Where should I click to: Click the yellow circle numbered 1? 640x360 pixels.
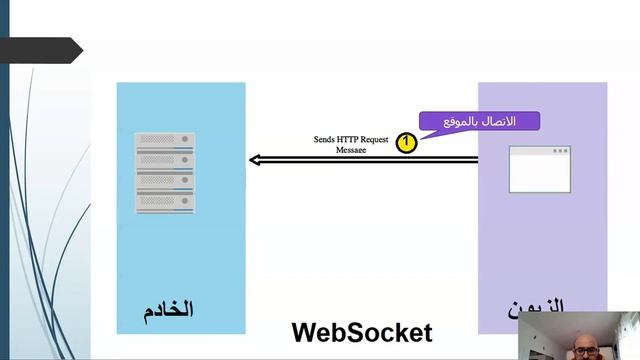tap(406, 143)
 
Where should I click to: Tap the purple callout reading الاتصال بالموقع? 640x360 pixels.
tap(480, 121)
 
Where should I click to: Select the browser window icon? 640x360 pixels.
tap(540, 169)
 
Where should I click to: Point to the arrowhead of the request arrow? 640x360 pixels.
tap(255, 160)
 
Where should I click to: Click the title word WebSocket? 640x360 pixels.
tap(362, 332)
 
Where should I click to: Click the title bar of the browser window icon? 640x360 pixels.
tap(540, 151)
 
